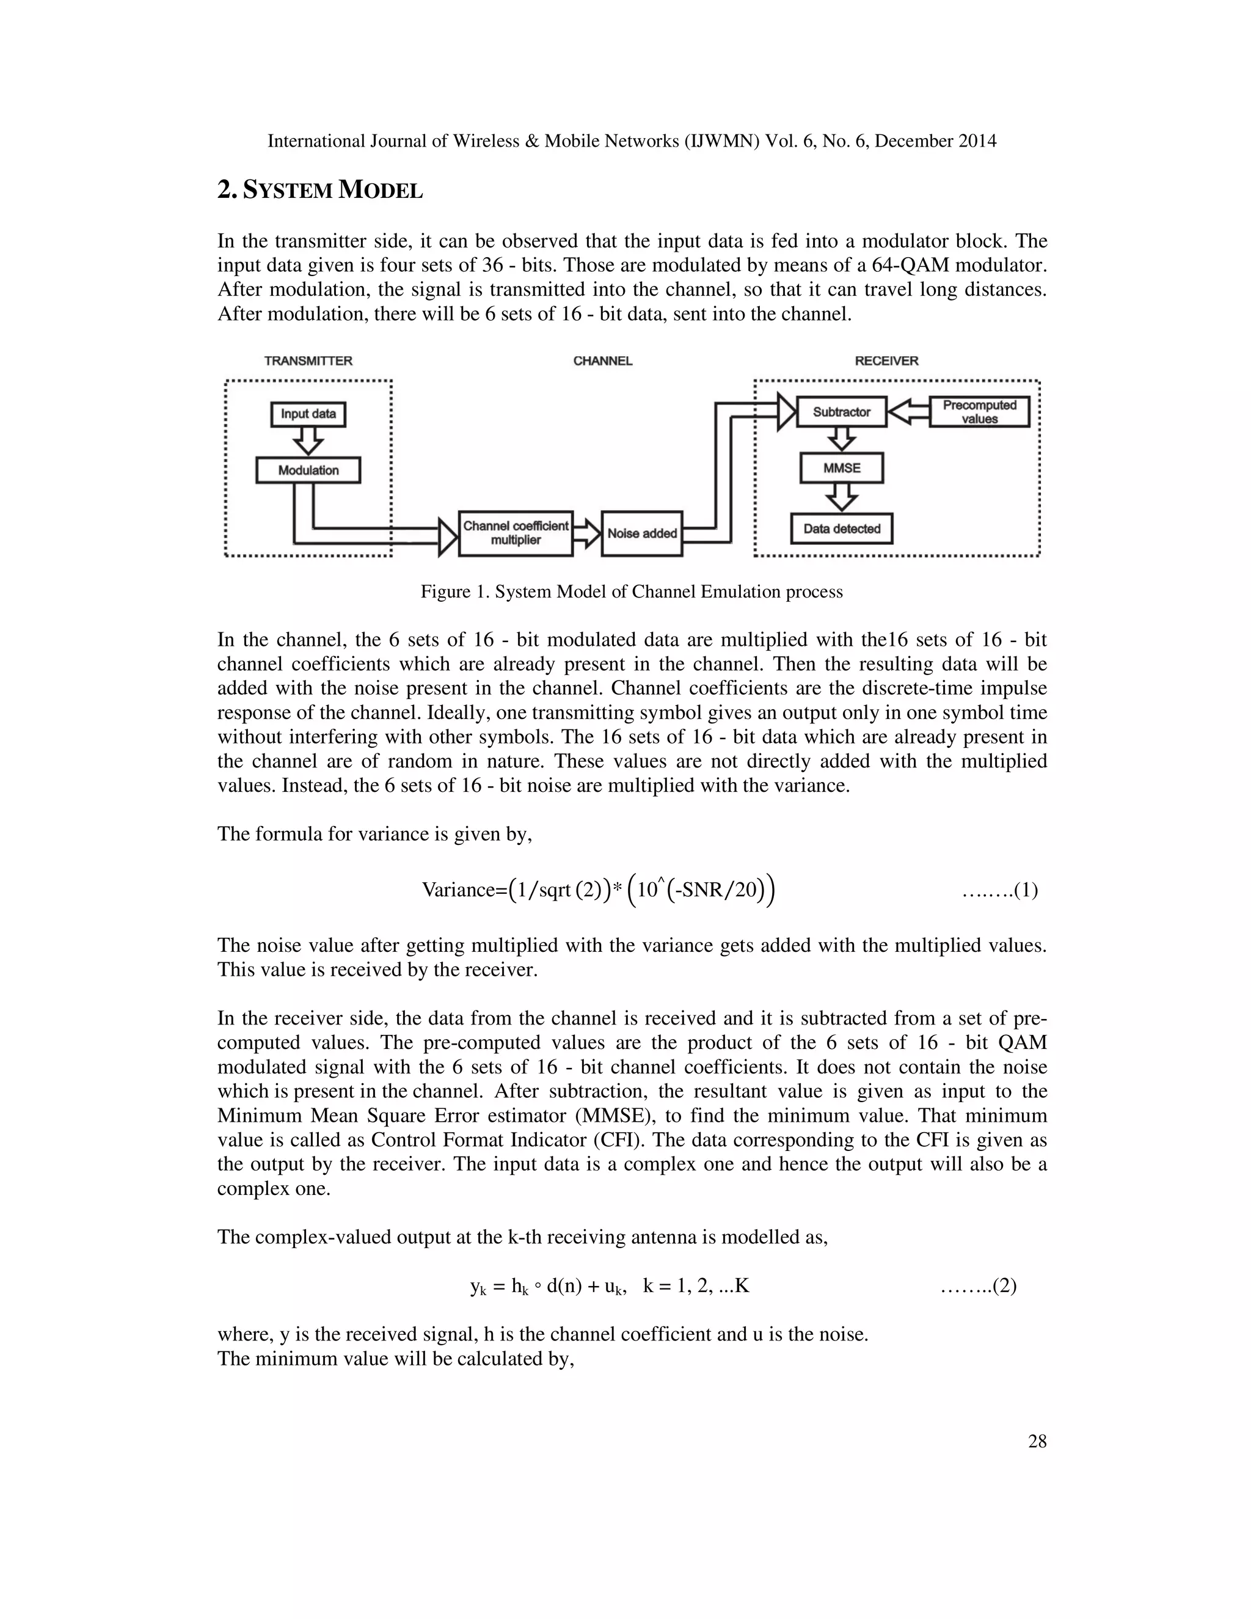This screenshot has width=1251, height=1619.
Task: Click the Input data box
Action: (308, 414)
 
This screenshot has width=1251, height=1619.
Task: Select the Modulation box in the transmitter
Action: (308, 470)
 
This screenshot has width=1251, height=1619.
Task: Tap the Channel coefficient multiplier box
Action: (515, 533)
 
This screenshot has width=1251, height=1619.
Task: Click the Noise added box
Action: (642, 533)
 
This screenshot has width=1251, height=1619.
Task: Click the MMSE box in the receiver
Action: (841, 469)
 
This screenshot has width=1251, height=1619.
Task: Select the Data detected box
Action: (841, 528)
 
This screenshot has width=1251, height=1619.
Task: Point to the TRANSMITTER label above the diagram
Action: (308, 361)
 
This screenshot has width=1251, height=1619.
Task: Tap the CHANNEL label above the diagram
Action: (602, 361)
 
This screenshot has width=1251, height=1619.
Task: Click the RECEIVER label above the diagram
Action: (886, 361)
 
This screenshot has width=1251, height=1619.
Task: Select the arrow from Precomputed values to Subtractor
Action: (908, 412)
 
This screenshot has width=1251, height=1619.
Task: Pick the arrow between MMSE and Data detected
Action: (841, 497)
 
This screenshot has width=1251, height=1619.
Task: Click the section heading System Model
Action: (319, 191)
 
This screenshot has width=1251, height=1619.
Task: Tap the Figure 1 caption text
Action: (632, 591)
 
